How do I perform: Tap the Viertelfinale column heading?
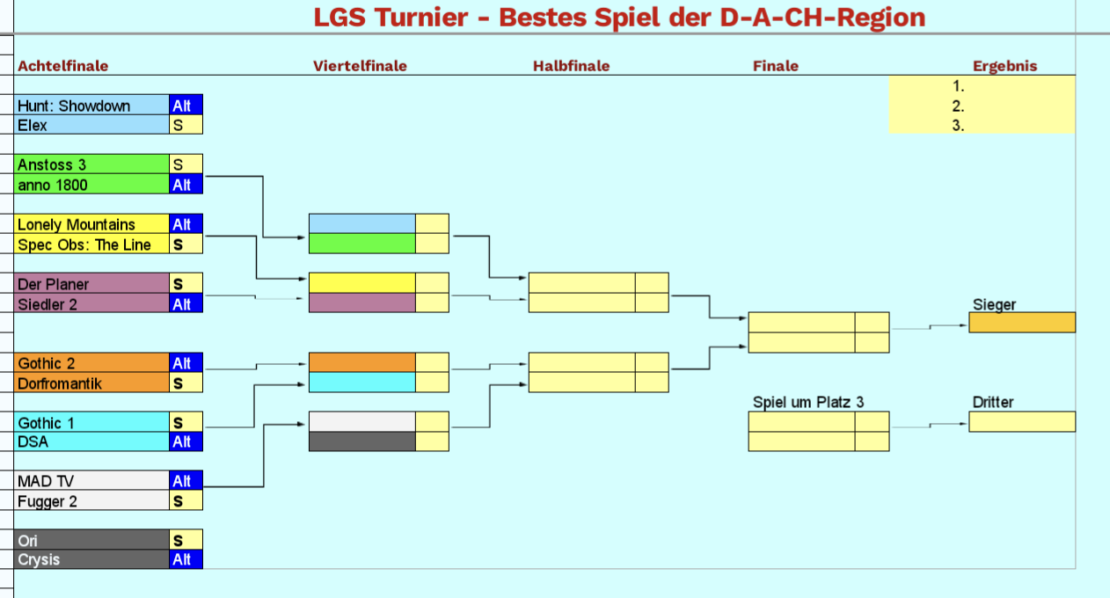(x=360, y=66)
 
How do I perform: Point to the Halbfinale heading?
(x=571, y=66)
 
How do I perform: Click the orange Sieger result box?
(x=1022, y=323)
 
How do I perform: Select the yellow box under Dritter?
(x=1022, y=422)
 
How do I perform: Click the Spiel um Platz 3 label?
(x=808, y=402)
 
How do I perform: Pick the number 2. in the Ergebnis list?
(x=959, y=106)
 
